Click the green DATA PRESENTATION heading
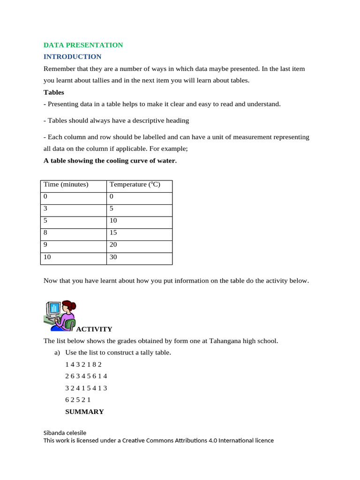(83, 45)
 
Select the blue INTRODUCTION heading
(72, 57)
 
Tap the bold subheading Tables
(54, 92)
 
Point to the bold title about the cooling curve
(110, 161)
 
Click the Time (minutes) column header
(66, 185)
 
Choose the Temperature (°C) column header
(135, 185)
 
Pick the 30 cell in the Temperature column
(113, 257)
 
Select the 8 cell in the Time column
(46, 233)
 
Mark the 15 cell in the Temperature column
(113, 233)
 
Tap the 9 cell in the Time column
(46, 245)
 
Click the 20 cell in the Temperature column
(113, 245)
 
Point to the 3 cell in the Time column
(46, 209)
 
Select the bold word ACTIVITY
(94, 329)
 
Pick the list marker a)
(58, 352)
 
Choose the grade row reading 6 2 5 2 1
(78, 400)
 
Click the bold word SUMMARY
(84, 412)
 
